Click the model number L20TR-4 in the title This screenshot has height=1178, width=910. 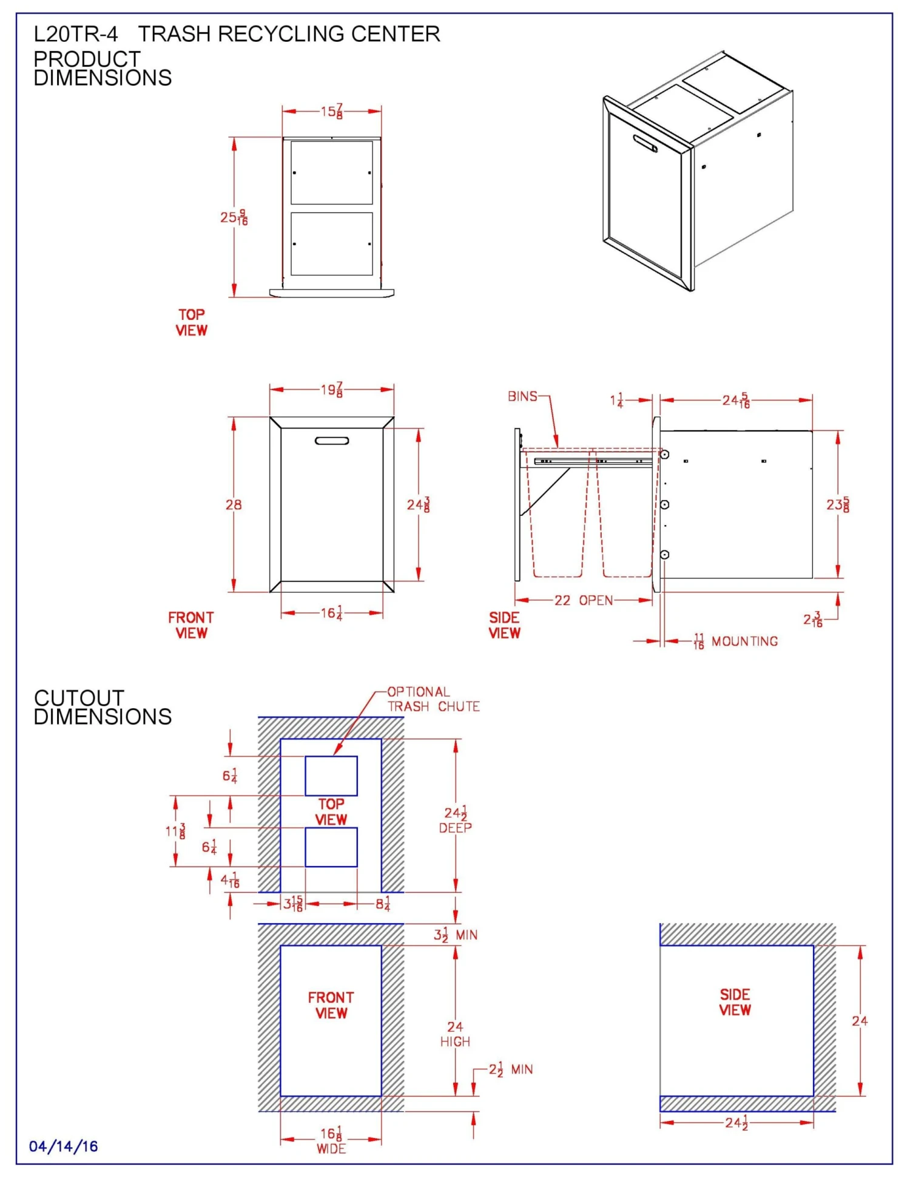(76, 34)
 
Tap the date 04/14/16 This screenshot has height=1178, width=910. (64, 1146)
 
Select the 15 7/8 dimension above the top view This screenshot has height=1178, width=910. (332, 112)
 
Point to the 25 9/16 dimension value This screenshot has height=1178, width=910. (234, 217)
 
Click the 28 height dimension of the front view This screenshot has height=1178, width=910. (234, 504)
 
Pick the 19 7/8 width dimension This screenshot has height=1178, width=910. (332, 390)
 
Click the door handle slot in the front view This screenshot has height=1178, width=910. (332, 441)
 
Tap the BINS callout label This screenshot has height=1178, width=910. (522, 396)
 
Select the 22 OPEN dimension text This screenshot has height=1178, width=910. (583, 600)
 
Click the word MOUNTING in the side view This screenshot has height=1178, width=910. (744, 641)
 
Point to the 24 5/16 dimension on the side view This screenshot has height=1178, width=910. (736, 401)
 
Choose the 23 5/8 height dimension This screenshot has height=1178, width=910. (838, 504)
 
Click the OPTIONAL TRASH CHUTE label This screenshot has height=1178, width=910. (433, 699)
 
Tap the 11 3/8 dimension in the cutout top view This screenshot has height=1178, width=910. (175, 831)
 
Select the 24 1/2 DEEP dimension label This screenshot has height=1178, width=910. (456, 820)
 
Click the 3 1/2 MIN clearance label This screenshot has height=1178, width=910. (456, 935)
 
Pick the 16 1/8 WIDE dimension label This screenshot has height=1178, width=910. (331, 1140)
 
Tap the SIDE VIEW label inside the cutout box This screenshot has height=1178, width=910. (735, 1002)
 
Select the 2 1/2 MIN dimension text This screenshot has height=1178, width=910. (511, 1069)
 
